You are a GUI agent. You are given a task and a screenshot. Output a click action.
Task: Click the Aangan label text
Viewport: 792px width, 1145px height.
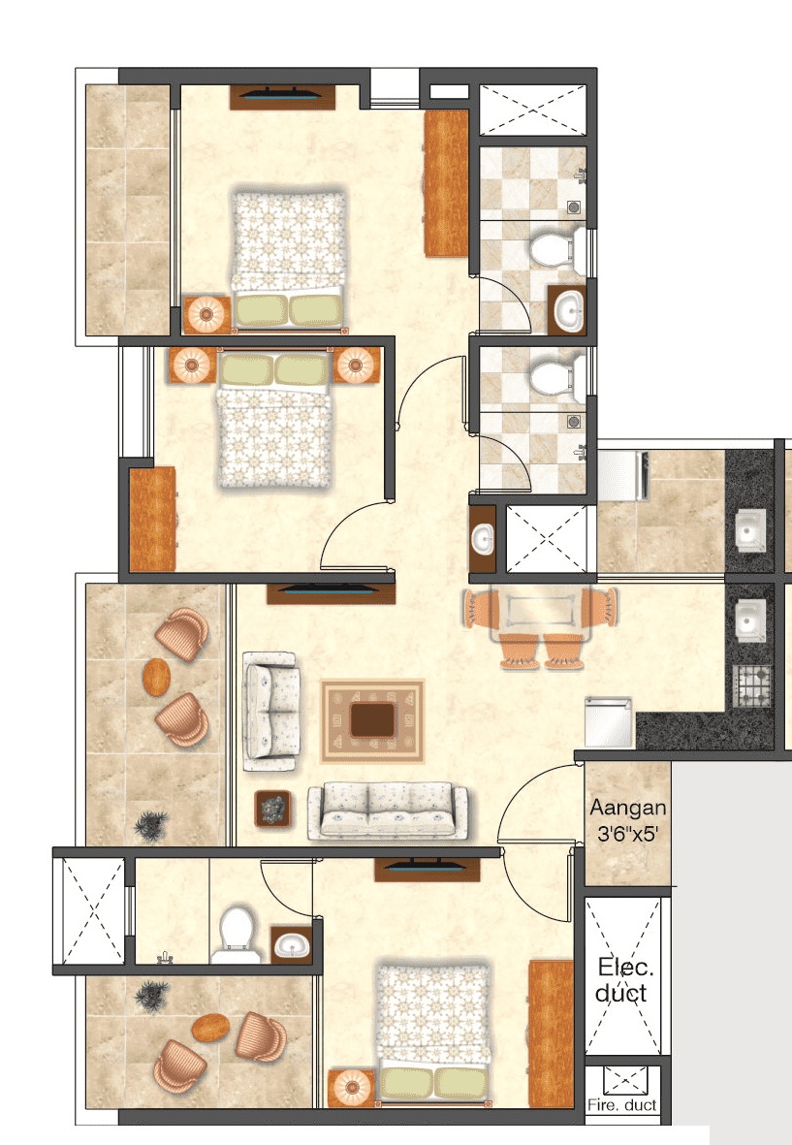628,807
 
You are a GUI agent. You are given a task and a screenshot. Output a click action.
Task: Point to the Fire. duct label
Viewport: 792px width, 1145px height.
622,1104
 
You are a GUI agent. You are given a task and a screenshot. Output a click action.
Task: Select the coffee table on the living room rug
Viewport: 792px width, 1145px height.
372,719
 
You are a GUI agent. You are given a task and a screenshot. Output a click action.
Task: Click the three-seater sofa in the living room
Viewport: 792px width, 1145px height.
387,811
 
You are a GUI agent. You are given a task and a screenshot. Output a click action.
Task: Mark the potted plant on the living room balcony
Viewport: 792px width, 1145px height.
149,825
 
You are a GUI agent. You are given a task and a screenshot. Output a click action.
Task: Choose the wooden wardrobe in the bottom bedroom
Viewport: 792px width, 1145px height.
551,1033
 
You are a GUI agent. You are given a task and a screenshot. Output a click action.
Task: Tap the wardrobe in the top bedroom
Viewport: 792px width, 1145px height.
446,182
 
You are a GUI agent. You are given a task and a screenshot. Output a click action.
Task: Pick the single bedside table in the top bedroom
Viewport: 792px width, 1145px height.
206,313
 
